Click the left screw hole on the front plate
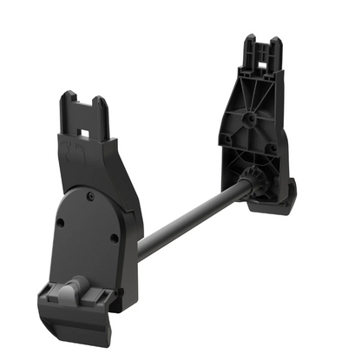(60, 223)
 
